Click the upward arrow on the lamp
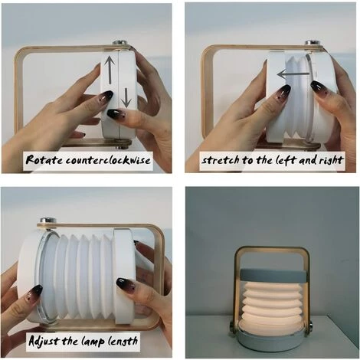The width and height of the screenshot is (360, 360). point(110,70)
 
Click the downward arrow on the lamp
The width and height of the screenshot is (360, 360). point(126,97)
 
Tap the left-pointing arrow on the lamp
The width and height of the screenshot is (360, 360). point(293,74)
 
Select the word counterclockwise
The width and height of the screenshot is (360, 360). point(108,160)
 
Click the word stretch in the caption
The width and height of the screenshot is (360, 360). point(221,160)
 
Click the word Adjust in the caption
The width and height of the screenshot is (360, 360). point(44,341)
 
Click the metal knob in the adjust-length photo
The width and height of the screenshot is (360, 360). point(48,221)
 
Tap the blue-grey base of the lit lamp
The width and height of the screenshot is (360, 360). point(272,339)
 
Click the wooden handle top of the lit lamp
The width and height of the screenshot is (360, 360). point(272,250)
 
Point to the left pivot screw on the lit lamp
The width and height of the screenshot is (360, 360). point(232,326)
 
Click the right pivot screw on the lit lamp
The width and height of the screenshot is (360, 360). point(312,326)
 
